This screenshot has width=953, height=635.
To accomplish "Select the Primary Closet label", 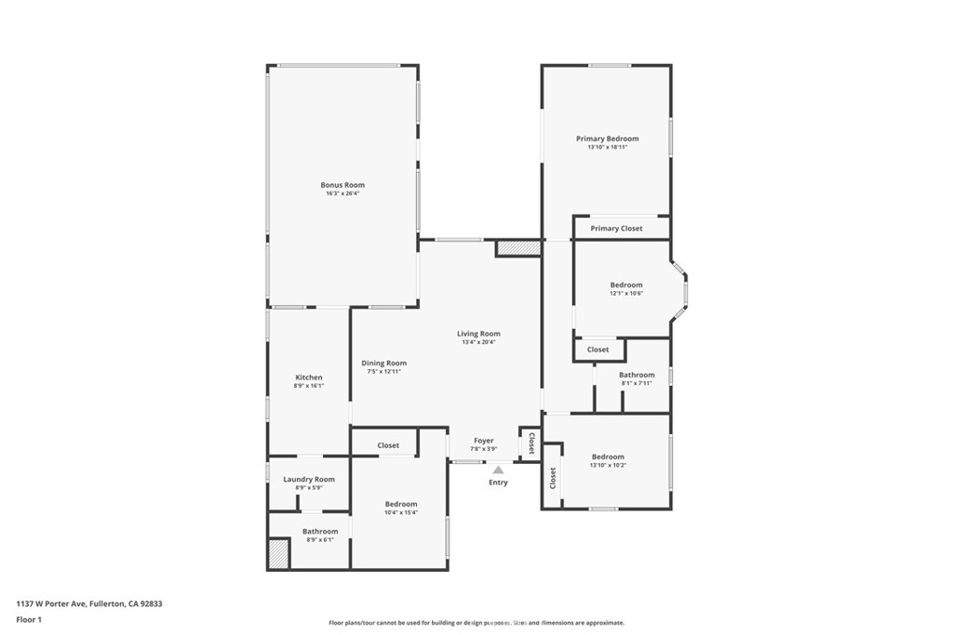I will (x=616, y=228).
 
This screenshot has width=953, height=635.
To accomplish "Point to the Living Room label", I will (x=478, y=334).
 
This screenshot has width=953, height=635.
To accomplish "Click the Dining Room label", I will (x=383, y=364).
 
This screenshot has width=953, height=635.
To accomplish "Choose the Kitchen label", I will (x=309, y=377).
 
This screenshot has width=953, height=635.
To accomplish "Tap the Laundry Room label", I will (x=309, y=480).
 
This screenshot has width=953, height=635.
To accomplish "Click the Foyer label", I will (x=483, y=441).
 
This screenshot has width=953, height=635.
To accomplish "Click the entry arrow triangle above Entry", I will (x=498, y=470).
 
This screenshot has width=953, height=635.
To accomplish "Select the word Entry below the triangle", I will (x=498, y=483).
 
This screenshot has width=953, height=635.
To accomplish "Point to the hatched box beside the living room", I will (x=518, y=248).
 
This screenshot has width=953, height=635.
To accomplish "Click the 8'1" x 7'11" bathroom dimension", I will (x=637, y=383).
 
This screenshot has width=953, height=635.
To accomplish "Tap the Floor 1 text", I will (x=29, y=619).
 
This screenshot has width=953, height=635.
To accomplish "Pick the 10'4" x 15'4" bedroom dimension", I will (x=401, y=512).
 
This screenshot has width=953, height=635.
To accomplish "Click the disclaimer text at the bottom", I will (x=476, y=623).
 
